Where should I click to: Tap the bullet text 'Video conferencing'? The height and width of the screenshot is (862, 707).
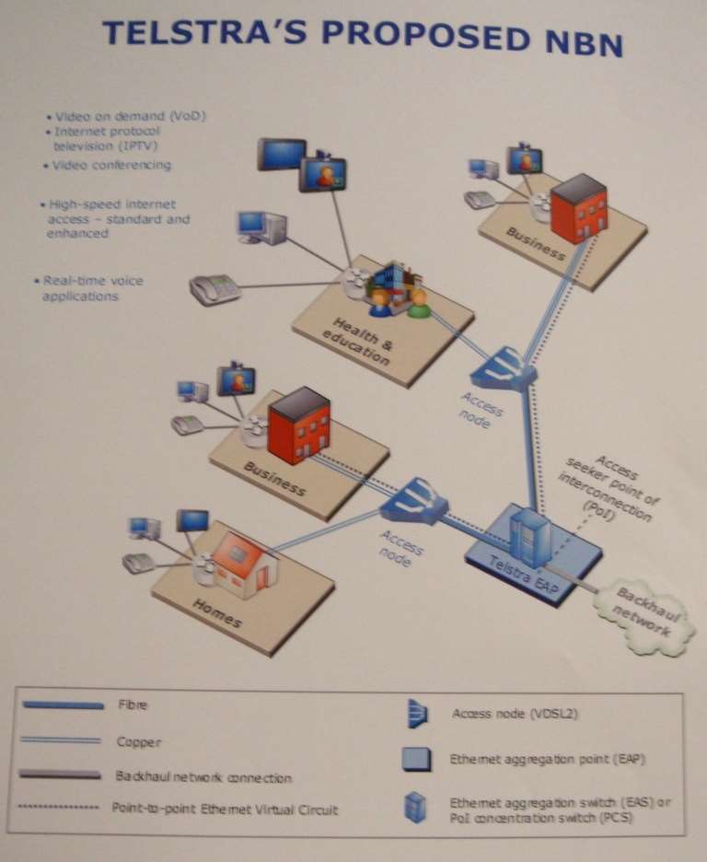click(110, 165)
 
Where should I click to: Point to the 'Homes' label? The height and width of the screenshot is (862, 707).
click(217, 612)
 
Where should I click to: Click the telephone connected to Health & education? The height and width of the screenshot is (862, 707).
click(214, 289)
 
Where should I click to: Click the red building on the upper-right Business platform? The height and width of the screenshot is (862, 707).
click(578, 207)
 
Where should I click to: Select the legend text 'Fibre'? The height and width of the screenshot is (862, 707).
click(132, 705)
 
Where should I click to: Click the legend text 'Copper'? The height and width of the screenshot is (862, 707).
click(134, 740)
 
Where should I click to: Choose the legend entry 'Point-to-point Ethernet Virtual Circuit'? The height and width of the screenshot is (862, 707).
click(225, 810)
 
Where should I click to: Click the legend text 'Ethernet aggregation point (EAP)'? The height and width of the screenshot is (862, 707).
click(547, 760)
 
